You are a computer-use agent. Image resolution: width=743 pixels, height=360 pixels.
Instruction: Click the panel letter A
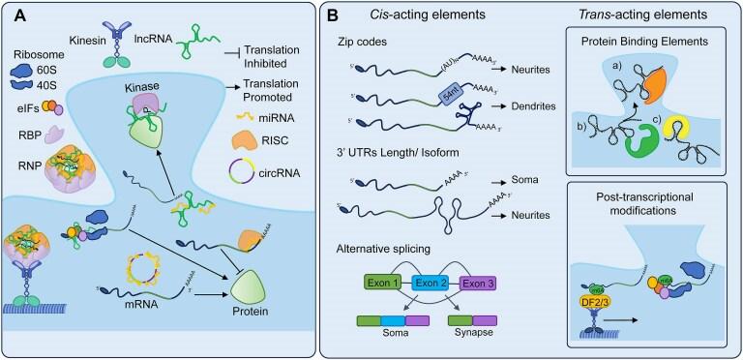pyautogui.click(x=17, y=16)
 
